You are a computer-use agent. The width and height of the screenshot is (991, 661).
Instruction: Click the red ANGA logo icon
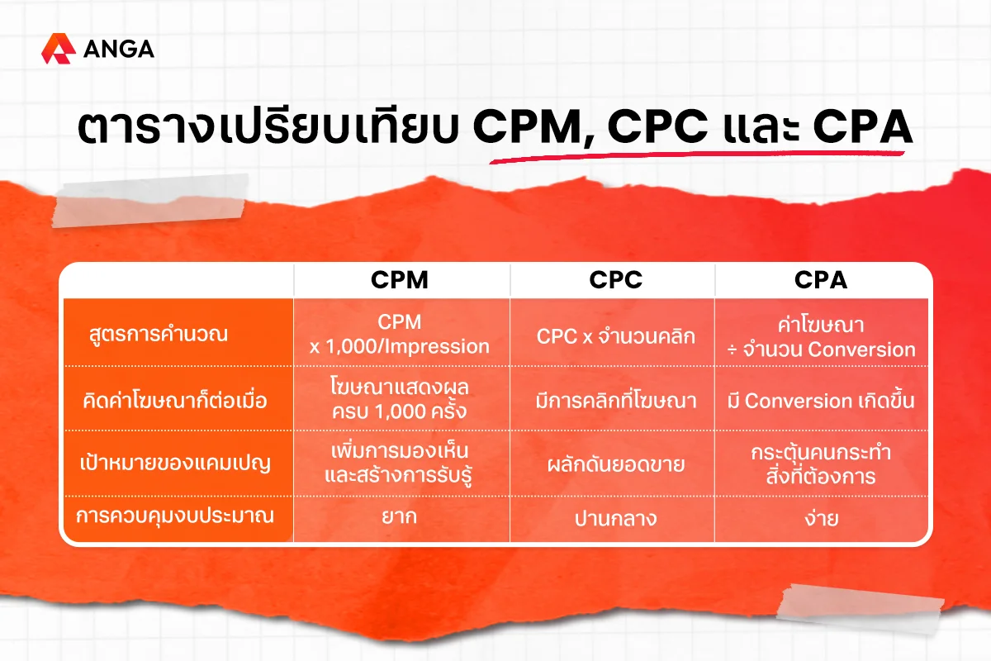(58, 48)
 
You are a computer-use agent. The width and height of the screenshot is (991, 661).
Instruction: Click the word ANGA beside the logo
(119, 49)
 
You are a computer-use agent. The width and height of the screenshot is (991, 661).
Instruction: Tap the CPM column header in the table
(400, 280)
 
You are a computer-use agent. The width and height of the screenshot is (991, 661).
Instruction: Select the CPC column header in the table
(615, 280)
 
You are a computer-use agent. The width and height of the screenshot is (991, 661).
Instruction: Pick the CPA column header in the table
(821, 280)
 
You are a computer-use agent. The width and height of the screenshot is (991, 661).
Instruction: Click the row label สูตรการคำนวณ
(159, 334)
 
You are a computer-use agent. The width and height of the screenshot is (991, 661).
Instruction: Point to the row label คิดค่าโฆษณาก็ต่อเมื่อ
(175, 400)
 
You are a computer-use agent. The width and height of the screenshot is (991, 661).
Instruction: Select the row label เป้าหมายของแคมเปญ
(175, 463)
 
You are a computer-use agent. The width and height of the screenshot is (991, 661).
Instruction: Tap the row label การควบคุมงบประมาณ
(175, 516)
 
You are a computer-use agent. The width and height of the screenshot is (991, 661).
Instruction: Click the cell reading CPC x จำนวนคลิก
(615, 336)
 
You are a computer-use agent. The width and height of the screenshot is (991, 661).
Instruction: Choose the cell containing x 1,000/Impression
(400, 335)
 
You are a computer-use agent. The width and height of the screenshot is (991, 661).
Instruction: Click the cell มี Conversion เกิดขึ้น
(821, 401)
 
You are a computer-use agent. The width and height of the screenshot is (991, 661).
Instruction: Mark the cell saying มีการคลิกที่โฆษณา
(615, 401)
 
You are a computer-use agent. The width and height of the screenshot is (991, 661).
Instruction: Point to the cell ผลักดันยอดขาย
(615, 464)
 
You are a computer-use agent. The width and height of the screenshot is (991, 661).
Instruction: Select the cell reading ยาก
(400, 516)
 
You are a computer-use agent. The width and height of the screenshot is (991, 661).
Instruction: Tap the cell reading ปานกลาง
(615, 518)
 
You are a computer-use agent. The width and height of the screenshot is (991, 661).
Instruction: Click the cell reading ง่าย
(821, 517)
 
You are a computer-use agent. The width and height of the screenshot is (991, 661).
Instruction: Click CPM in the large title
(529, 126)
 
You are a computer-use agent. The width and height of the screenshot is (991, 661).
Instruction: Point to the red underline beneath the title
(697, 155)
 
